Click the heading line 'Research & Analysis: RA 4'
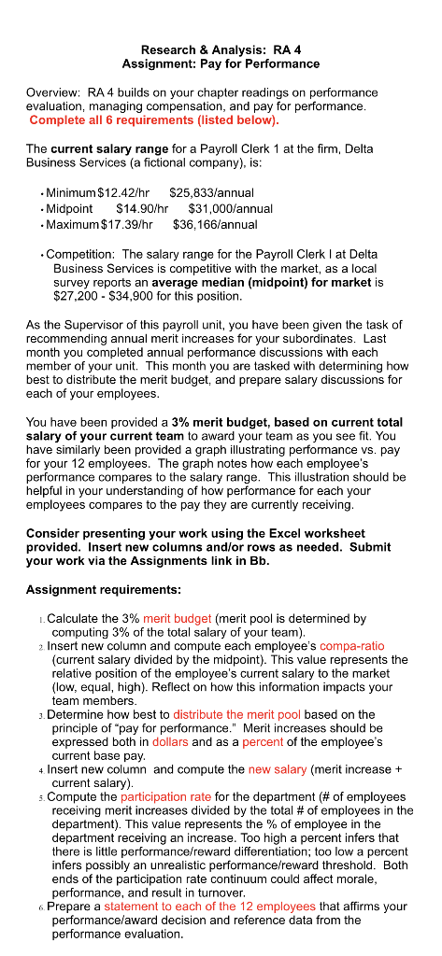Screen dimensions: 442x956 point(221,49)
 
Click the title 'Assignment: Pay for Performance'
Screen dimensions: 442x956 point(221,64)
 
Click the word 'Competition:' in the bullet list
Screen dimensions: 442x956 point(81,254)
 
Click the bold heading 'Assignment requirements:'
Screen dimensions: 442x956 point(104,590)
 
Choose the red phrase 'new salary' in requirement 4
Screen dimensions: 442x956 point(277,769)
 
